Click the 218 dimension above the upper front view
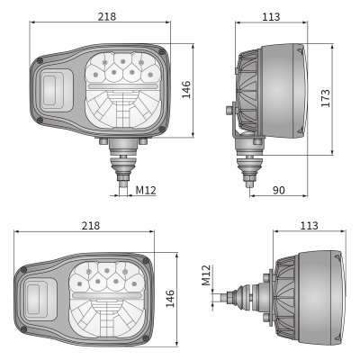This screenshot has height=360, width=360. point(107,16)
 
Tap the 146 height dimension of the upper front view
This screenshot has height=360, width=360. point(186,89)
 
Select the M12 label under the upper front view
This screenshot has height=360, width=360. point(146,190)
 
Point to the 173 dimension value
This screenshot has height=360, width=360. point(325,98)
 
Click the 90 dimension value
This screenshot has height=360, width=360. point(279,190)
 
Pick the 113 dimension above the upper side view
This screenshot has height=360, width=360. point(271,17)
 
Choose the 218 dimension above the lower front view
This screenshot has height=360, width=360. point(91,225)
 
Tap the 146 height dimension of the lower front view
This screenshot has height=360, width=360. point(170,298)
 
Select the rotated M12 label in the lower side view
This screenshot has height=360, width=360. point(206,275)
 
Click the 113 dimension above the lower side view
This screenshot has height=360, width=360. point(309,225)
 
